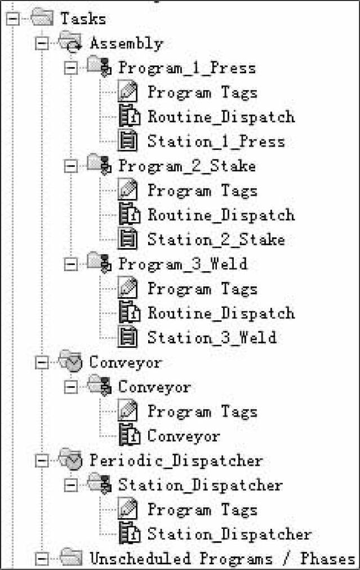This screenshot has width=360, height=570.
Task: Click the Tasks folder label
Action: point(83,19)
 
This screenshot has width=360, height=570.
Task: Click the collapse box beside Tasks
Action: point(13,19)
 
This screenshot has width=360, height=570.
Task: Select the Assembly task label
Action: point(126,43)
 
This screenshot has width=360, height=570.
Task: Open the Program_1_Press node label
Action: point(187,68)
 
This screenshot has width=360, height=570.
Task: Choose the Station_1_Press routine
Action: point(216,142)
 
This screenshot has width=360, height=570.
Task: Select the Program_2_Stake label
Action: point(187,166)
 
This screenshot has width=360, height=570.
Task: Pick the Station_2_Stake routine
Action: point(216,240)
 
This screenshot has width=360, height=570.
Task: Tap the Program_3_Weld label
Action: point(183,264)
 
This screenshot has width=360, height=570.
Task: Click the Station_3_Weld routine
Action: point(212,338)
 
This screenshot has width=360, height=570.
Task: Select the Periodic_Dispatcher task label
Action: point(176,461)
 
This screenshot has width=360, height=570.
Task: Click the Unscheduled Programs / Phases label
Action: point(222,559)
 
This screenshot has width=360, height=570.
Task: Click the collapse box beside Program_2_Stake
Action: point(70,166)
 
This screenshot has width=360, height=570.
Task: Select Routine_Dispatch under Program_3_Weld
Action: point(221,313)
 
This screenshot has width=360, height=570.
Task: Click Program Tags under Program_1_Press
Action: point(202,92)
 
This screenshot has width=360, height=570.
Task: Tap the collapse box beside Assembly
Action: point(42,43)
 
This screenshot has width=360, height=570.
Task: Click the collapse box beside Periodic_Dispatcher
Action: point(42,461)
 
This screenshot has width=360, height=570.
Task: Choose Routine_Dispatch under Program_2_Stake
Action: point(221,215)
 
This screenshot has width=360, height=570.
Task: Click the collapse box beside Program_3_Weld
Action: point(70,264)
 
